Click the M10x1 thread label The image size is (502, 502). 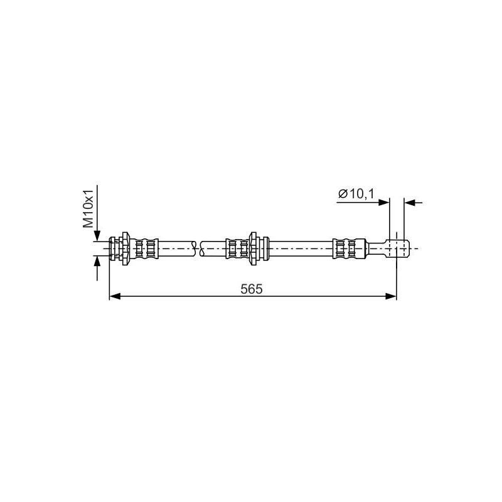(x=88, y=208)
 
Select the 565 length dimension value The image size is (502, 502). (x=252, y=289)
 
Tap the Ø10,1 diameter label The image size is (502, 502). (x=356, y=194)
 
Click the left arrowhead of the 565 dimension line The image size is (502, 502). (x=115, y=296)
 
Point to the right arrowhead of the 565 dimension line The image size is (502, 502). (x=391, y=296)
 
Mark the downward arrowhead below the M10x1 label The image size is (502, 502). (x=97, y=236)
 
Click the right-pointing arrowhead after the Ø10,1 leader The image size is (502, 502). (x=384, y=202)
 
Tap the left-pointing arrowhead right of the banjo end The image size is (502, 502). (x=410, y=202)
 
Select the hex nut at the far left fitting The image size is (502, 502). (x=125, y=248)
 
